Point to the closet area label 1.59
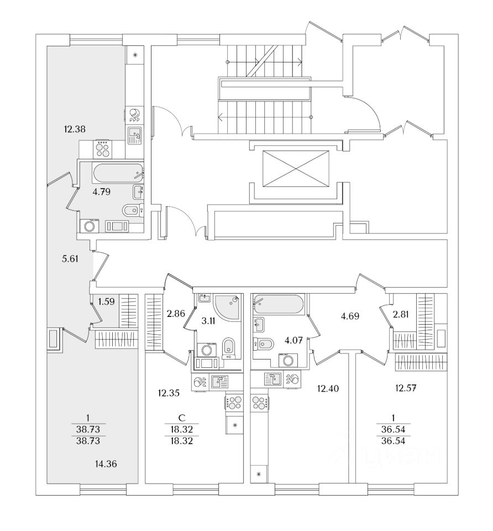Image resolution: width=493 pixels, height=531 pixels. click(x=107, y=302)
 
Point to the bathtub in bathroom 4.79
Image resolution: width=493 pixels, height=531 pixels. click(x=118, y=174)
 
